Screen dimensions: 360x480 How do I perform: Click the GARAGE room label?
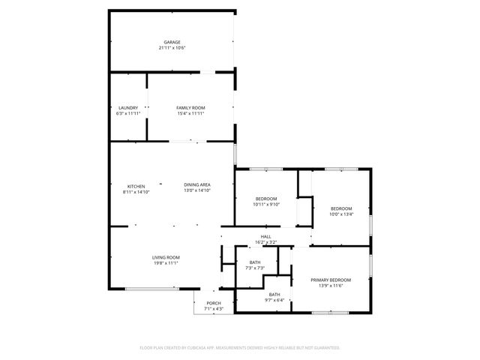(172, 42)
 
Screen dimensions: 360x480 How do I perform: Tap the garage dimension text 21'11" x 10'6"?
(172, 48)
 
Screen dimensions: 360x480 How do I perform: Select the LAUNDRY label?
(128, 108)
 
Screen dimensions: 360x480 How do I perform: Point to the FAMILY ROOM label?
(190, 108)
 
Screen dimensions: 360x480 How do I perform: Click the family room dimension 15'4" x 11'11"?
(190, 114)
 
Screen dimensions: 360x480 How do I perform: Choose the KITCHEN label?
(136, 186)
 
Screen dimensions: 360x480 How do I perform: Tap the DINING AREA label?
(197, 184)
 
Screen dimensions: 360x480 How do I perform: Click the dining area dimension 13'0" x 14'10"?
(197, 190)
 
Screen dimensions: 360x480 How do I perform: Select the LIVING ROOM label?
(166, 257)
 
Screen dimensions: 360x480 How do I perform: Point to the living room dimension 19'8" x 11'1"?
(166, 263)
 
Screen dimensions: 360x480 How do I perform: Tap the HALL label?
(266, 236)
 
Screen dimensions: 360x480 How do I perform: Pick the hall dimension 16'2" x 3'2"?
(266, 242)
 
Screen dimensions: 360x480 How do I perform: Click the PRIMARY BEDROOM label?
(331, 280)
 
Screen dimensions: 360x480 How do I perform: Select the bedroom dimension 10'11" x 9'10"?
(266, 204)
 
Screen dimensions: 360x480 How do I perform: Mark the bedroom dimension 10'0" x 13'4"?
(341, 214)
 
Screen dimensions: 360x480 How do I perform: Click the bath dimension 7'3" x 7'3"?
(255, 268)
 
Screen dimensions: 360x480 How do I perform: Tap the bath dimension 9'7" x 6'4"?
(274, 300)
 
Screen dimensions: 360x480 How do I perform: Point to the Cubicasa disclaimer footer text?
(240, 348)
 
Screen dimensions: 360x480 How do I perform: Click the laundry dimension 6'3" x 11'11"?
(128, 114)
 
